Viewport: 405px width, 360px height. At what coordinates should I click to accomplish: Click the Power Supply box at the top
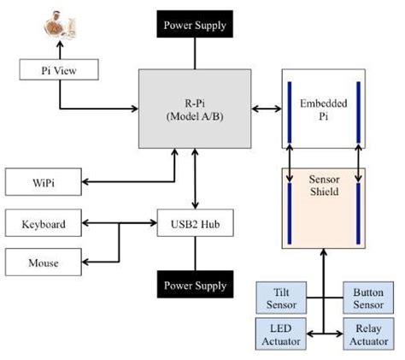(x=196, y=24)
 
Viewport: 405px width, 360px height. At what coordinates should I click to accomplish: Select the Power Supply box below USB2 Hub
(x=196, y=284)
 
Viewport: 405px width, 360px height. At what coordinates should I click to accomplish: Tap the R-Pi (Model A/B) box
(x=196, y=109)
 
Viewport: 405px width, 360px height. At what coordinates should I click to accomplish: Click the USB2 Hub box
(x=196, y=225)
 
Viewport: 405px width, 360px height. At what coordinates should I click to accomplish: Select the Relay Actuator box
(x=368, y=333)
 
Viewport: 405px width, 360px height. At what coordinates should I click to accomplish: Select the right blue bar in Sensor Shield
(x=357, y=207)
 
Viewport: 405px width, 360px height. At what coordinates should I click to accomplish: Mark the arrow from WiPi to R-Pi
(x=128, y=181)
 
